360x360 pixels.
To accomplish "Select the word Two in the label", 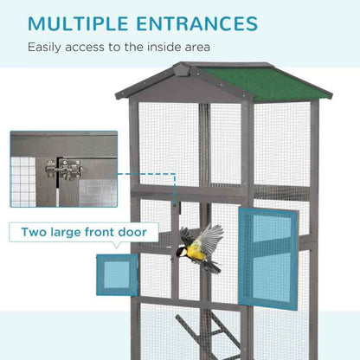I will (x=42, y=232).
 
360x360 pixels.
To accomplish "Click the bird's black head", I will (x=181, y=252).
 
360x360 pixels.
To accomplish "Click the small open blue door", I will (x=118, y=274).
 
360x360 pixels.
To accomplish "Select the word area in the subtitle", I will (x=193, y=48).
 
